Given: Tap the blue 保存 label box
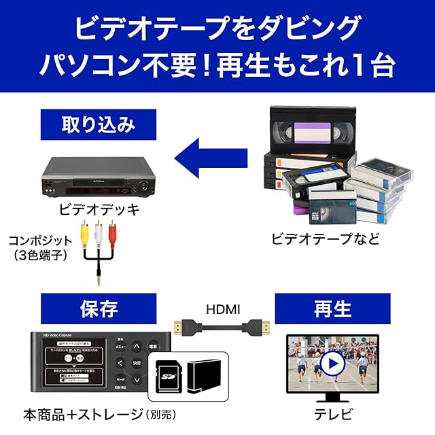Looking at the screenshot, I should pyautogui.click(x=99, y=309).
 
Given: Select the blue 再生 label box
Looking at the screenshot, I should pyautogui.click(x=332, y=309).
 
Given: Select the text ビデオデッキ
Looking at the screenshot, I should pyautogui.click(x=99, y=209).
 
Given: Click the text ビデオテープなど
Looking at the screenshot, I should pyautogui.click(x=326, y=239).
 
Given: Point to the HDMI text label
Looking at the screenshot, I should pyautogui.click(x=223, y=310).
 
